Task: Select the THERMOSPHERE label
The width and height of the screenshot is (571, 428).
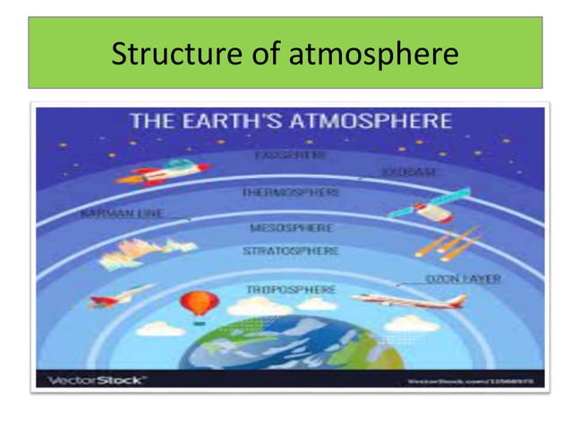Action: click(290, 193)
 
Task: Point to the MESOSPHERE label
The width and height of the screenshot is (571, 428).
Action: click(292, 228)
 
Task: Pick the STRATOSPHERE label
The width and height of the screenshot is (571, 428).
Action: click(291, 252)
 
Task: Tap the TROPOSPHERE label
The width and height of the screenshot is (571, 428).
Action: click(290, 290)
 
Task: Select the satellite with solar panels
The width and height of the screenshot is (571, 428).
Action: click(446, 202)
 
